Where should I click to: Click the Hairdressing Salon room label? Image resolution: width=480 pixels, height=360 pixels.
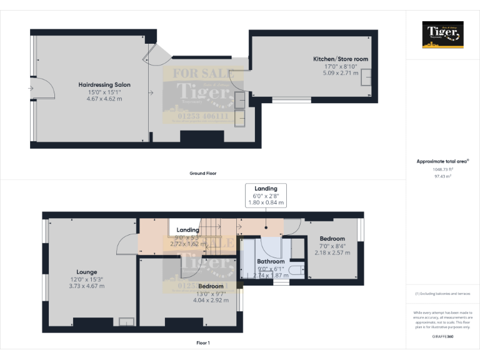pos(104,84)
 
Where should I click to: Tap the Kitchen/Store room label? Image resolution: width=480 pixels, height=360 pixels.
pos(341,59)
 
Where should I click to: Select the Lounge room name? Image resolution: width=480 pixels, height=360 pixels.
pos(87,272)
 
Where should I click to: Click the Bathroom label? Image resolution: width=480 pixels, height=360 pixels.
pos(271,261)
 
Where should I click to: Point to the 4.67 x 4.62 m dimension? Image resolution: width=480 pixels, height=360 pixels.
pos(104,99)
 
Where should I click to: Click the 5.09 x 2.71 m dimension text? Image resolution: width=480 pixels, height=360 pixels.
pos(341,73)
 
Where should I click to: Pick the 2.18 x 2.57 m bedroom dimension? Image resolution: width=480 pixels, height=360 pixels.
pos(332,252)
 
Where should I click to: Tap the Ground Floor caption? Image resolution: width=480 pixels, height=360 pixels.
pos(203,173)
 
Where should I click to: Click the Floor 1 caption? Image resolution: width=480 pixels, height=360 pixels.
pos(203,343)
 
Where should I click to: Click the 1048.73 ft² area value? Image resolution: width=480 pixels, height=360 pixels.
pos(443,169)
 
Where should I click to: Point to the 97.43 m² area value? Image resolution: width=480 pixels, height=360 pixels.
pos(443,177)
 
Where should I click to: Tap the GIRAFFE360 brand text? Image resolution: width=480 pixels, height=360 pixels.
pos(443,337)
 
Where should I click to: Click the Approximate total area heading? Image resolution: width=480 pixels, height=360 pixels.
pos(442,161)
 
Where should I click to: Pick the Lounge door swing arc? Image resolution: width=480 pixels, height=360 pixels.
pos(127,244)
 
